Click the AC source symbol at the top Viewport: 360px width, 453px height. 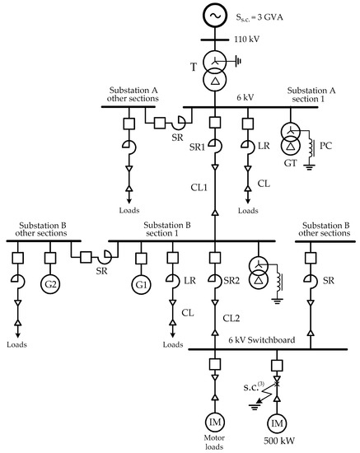point(215,16)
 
